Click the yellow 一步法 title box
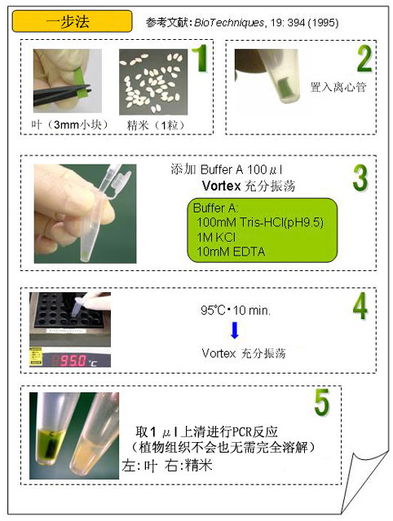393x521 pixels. coord(72,21)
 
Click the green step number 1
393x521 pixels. coord(200,58)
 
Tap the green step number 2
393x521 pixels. coord(364,59)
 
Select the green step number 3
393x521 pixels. coord(360,177)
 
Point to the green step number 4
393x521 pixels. coord(360,306)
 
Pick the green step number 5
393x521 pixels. coord(322,402)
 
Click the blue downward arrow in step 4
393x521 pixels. coord(235,331)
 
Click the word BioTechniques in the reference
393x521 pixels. coord(229,23)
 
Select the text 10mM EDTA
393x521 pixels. coord(231,252)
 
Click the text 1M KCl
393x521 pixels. coord(215,237)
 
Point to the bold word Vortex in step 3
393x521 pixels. coord(221,186)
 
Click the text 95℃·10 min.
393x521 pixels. coord(236,310)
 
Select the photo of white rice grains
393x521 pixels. coord(153,81)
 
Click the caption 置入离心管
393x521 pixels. coord(338,87)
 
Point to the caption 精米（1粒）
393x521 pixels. coord(156,125)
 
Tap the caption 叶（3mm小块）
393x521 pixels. coord(69,125)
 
